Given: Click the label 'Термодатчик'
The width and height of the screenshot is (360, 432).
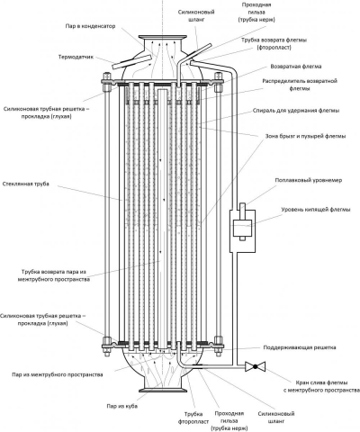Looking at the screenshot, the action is (76, 57).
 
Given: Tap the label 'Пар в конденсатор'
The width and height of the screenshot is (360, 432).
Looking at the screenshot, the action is (90, 26).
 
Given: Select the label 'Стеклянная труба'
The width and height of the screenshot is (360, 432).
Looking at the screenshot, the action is (26, 184).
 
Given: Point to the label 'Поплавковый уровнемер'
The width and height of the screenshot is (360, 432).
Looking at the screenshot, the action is (309, 180).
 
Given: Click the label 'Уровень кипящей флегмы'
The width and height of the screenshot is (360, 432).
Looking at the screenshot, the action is (316, 210).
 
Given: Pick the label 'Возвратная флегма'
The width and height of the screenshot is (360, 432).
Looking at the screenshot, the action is (296, 67).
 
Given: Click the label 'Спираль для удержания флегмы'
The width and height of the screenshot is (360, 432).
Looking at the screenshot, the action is (296, 111).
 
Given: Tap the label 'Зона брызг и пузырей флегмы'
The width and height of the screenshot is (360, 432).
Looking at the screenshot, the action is (305, 136).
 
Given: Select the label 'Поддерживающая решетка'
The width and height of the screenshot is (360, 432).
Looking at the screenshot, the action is (300, 347).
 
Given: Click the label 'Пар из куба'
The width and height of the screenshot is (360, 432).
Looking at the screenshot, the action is (122, 406).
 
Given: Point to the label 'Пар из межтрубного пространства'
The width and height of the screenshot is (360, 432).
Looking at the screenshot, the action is (58, 374).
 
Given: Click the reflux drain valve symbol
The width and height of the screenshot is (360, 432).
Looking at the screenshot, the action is (256, 366).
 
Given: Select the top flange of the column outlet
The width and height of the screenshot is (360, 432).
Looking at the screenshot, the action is (163, 37).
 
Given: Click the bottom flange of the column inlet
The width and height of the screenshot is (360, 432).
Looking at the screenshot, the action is (163, 391).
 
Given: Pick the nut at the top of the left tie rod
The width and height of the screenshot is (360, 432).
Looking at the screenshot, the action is (107, 87).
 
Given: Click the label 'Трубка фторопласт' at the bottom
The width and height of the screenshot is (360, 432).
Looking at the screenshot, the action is (193, 418).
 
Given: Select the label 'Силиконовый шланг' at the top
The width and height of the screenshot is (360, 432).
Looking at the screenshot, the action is (196, 16).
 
